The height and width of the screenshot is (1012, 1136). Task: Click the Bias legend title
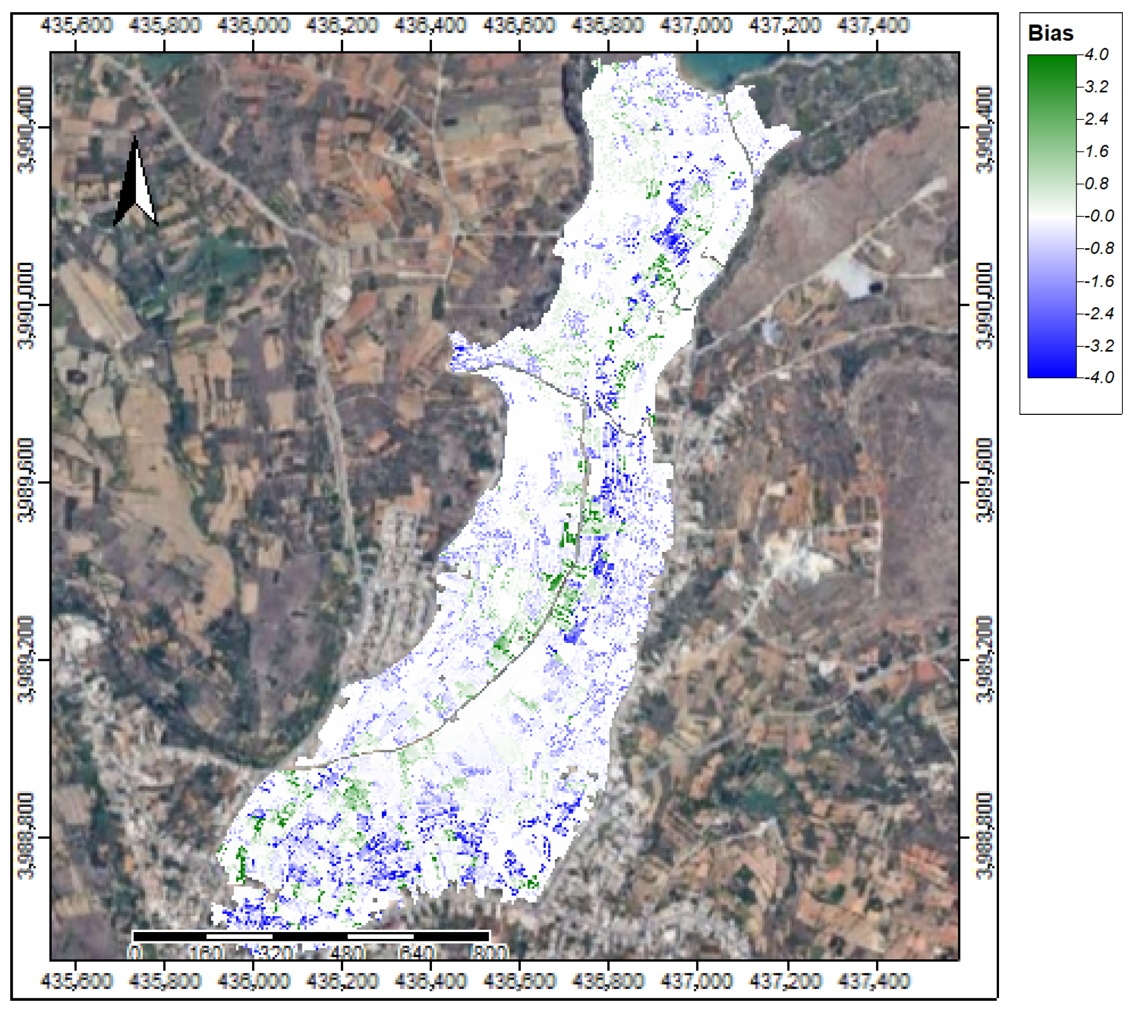point(1050,33)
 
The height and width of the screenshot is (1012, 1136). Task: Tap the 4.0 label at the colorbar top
point(1096,55)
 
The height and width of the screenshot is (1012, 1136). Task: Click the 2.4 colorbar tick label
point(1096,119)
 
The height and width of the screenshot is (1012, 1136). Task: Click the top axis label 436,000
point(254,25)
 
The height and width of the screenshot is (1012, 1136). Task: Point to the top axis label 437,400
point(873,25)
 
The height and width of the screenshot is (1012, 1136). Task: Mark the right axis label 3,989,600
point(984,481)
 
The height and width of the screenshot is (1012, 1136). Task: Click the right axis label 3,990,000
point(984,305)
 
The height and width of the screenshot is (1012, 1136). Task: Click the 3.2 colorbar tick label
point(1096,87)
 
